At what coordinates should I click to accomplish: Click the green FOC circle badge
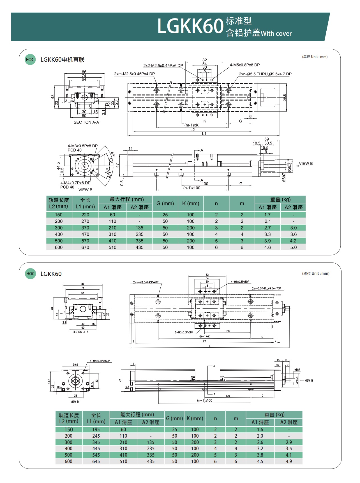pyautogui.click(x=30, y=59)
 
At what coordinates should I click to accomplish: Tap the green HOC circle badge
pyautogui.click(x=30, y=274)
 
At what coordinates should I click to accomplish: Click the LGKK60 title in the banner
pyautogui.click(x=190, y=26)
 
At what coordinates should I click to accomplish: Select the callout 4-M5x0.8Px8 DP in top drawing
pyautogui.click(x=244, y=65)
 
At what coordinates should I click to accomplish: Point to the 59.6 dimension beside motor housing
pyautogui.click(x=285, y=97)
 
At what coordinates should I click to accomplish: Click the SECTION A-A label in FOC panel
pyautogui.click(x=86, y=122)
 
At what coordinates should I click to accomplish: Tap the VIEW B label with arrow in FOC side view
pyautogui.click(x=306, y=164)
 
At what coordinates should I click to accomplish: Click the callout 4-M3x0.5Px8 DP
pyautogui.click(x=83, y=146)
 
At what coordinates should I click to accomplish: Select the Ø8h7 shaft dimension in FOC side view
pyautogui.click(x=284, y=178)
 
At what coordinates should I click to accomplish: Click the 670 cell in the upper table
pyautogui.click(x=85, y=247)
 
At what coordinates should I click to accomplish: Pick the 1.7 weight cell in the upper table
pyautogui.click(x=267, y=215)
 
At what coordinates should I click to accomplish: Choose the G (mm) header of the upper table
pyautogui.click(x=165, y=203)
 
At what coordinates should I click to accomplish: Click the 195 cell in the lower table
pyautogui.click(x=96, y=429)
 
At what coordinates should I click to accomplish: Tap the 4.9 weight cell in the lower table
pyautogui.click(x=289, y=461)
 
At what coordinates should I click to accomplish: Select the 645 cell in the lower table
pyautogui.click(x=96, y=461)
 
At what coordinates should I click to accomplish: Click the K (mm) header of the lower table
pyautogui.click(x=195, y=419)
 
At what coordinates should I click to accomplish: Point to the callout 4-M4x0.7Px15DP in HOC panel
pyautogui.click(x=100, y=361)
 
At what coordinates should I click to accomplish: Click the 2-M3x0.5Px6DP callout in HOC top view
pyautogui.click(x=184, y=333)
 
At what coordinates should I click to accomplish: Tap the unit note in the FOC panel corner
pyautogui.click(x=315, y=57)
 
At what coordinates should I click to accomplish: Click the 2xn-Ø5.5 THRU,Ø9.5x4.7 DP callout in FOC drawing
pyautogui.click(x=265, y=74)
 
